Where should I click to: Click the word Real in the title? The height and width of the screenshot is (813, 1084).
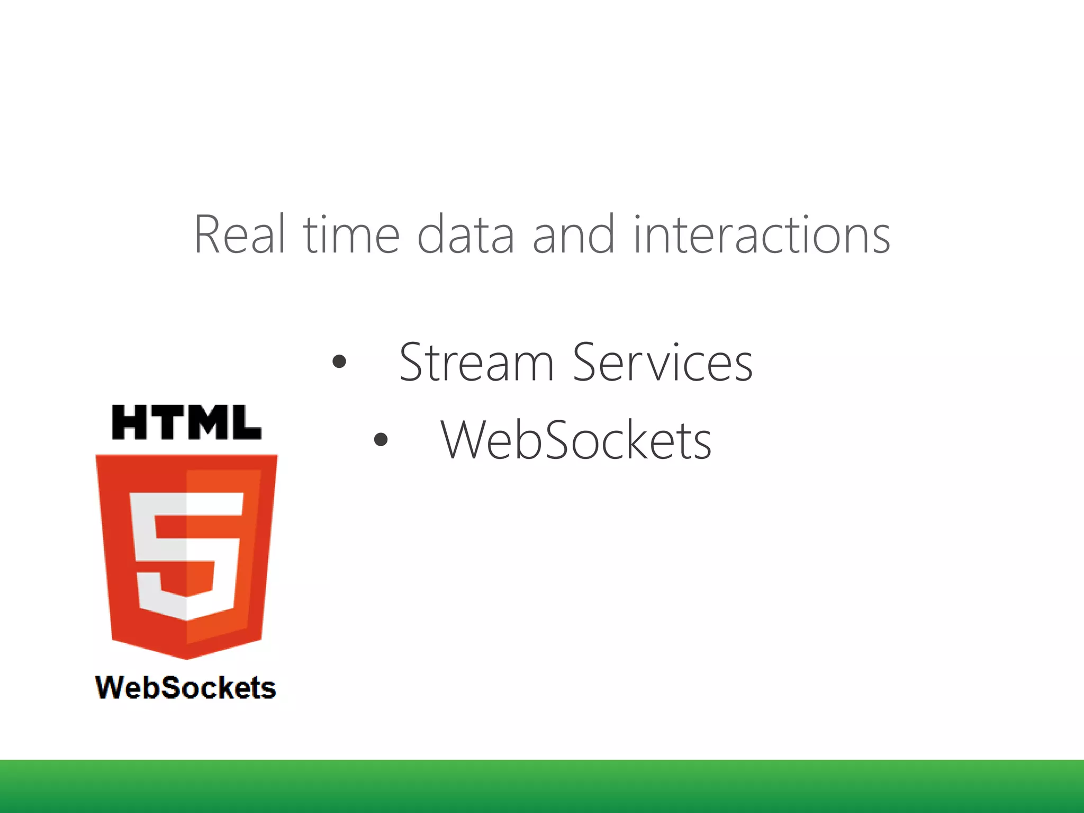(x=240, y=234)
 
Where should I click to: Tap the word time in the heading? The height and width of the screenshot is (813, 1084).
(x=351, y=234)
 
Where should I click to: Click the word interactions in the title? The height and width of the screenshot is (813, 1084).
(x=761, y=234)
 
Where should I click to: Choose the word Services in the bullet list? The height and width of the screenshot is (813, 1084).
(x=663, y=363)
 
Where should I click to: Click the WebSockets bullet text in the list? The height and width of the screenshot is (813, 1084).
(x=576, y=440)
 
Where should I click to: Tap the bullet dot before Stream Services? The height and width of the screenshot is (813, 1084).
(x=339, y=362)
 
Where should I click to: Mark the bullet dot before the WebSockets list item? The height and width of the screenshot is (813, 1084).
(x=381, y=439)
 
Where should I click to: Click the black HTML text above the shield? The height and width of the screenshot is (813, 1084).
(x=186, y=422)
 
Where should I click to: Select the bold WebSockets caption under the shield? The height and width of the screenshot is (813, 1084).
(x=186, y=688)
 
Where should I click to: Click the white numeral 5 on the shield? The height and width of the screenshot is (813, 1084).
(x=186, y=556)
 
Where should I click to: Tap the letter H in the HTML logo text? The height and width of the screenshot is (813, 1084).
(x=130, y=422)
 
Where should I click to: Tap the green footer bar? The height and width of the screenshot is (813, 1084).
(x=542, y=787)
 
